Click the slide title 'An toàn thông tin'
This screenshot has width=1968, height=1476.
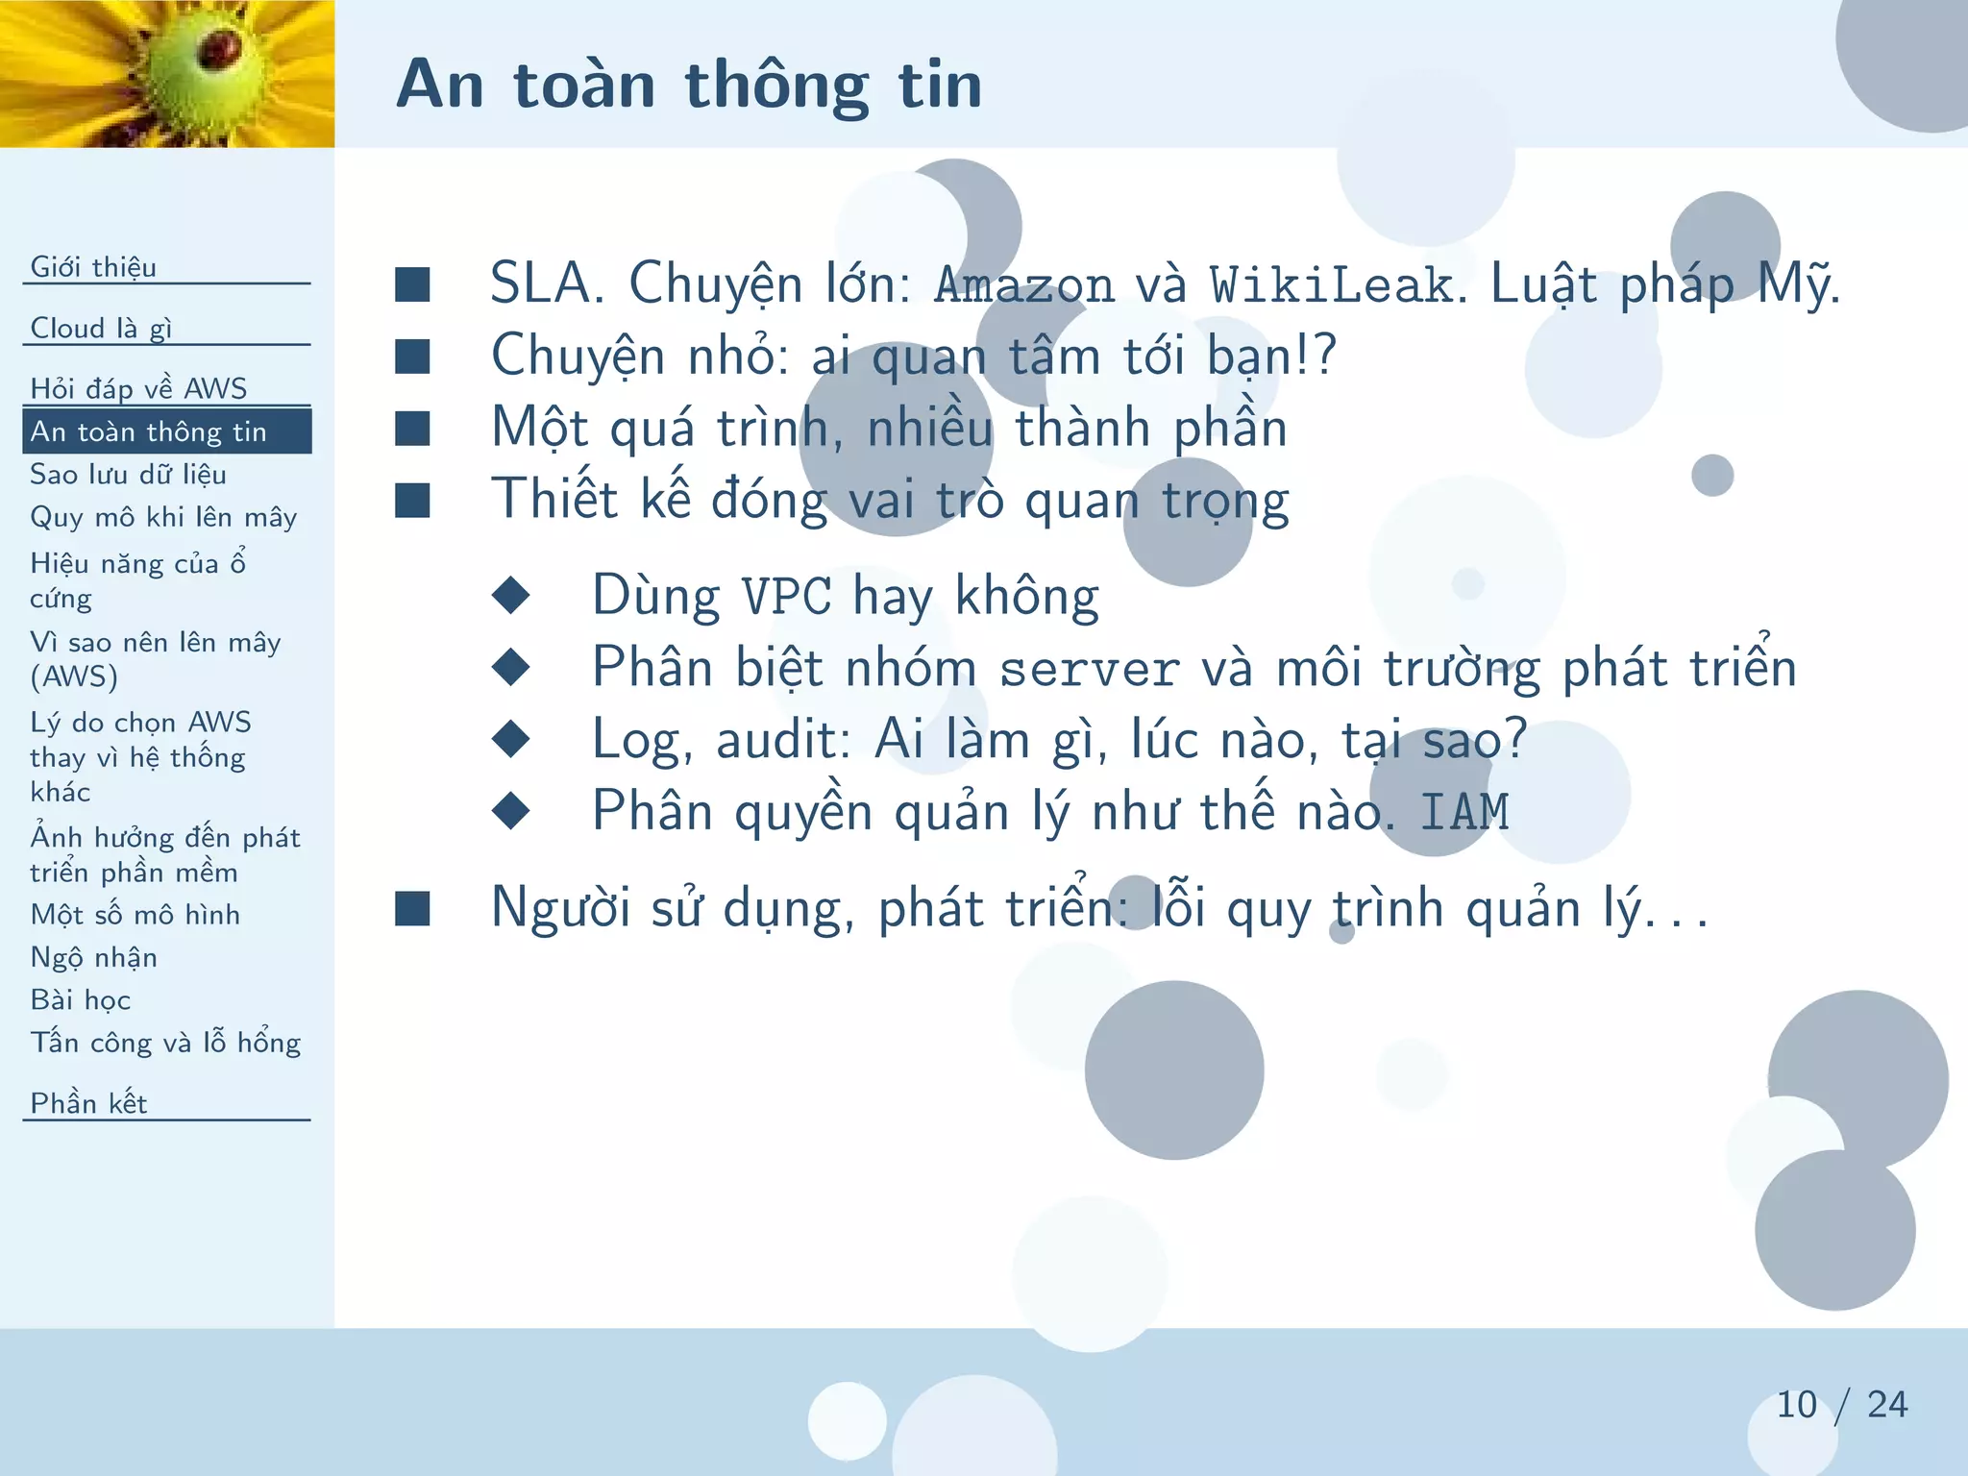pyautogui.click(x=689, y=85)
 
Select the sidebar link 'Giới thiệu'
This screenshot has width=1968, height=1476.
pyautogui.click(x=93, y=266)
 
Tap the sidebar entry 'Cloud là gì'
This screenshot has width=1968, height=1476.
pyautogui.click(x=101, y=328)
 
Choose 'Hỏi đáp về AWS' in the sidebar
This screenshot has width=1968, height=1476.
pyautogui.click(x=138, y=388)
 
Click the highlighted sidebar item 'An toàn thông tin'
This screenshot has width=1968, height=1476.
pyautogui.click(x=148, y=431)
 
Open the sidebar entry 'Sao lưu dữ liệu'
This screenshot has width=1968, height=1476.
pyautogui.click(x=128, y=474)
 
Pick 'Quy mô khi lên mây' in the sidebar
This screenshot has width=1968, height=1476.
pyautogui.click(x=163, y=517)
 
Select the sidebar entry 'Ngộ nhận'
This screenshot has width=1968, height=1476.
pyautogui.click(x=93, y=957)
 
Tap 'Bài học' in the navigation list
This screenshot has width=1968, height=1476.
pyautogui.click(x=80, y=999)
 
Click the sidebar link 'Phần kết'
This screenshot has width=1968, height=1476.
pyautogui.click(x=88, y=1103)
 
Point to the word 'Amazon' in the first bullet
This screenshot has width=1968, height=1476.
pyautogui.click(x=1024, y=285)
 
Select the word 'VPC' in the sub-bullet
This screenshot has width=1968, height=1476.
pyautogui.click(x=787, y=597)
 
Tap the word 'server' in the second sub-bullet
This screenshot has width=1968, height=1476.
pyautogui.click(x=1089, y=669)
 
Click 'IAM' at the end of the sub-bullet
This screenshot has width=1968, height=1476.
pyautogui.click(x=1464, y=812)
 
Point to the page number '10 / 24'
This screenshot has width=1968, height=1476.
pyautogui.click(x=1840, y=1404)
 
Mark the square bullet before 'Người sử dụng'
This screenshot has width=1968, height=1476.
pyautogui.click(x=412, y=908)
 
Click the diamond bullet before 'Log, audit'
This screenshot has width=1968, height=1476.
pyautogui.click(x=510, y=739)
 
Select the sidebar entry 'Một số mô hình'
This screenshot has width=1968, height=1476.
pyautogui.click(x=135, y=914)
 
